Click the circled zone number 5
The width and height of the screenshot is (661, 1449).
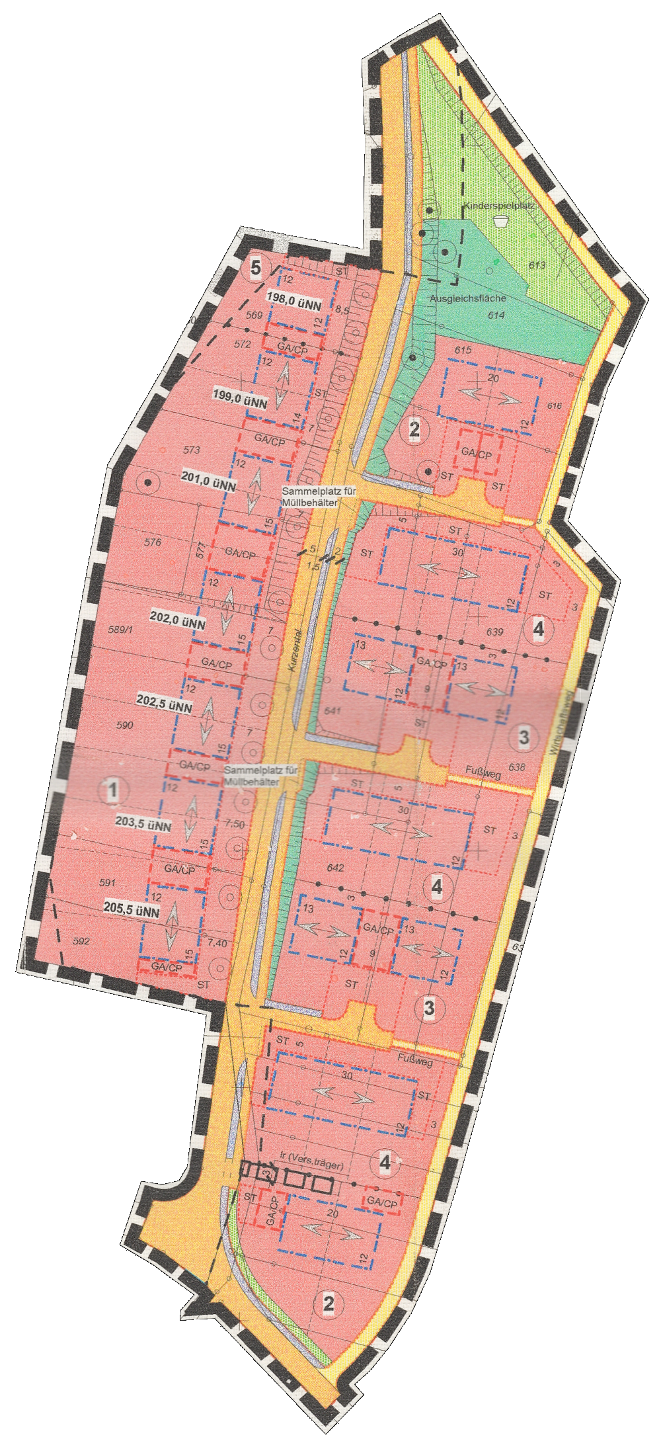256,268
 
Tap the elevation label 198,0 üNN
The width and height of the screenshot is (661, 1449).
294,302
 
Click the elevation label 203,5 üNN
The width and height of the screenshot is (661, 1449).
143,824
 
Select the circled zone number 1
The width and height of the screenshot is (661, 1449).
113,790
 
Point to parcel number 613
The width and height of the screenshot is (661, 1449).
537,265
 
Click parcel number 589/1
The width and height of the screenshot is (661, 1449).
120,630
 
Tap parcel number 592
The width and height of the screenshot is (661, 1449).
81,941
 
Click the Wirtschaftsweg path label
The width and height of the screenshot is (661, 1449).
561,724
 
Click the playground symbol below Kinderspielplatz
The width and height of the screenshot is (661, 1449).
500,222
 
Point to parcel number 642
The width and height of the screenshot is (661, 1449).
336,868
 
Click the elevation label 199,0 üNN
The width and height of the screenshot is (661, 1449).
240,399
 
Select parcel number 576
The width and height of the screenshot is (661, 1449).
152,542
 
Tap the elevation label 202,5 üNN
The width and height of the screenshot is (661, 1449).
165,703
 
